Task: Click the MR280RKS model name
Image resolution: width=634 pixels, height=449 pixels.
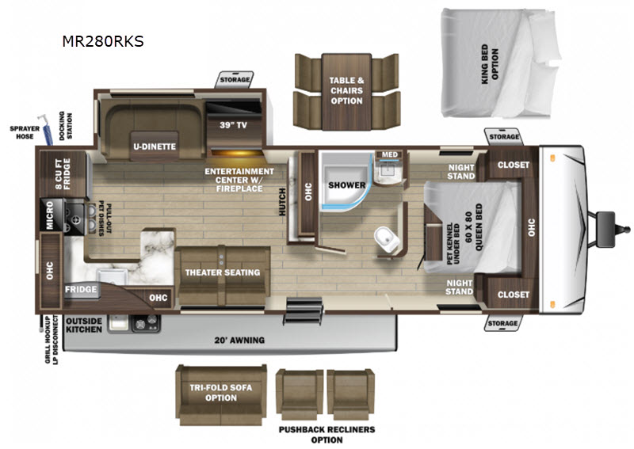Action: [103, 41]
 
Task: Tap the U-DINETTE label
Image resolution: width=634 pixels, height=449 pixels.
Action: [155, 146]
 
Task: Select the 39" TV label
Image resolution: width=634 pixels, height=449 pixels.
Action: [233, 125]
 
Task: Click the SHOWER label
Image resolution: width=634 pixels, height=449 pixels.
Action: [346, 185]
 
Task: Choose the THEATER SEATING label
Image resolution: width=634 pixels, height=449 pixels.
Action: [223, 272]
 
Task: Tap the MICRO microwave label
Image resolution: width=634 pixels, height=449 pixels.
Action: [49, 215]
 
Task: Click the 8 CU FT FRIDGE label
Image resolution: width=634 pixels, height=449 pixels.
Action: [63, 173]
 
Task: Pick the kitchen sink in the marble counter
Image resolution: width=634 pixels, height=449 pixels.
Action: [112, 277]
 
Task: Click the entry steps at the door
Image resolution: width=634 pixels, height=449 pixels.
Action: [304, 310]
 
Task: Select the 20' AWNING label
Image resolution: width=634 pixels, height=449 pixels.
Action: [239, 341]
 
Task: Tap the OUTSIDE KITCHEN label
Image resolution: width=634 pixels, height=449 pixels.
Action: [84, 325]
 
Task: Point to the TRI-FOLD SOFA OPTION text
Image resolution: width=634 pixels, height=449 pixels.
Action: [221, 393]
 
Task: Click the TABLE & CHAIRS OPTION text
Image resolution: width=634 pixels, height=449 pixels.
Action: [346, 90]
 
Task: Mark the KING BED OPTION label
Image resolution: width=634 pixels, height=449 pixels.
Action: [490, 64]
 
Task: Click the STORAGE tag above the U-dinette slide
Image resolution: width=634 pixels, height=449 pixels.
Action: [235, 80]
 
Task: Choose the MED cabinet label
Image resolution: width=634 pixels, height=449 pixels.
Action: [389, 154]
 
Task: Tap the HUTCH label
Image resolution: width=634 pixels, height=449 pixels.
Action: [282, 202]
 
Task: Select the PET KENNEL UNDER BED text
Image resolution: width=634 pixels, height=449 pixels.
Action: [453, 244]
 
